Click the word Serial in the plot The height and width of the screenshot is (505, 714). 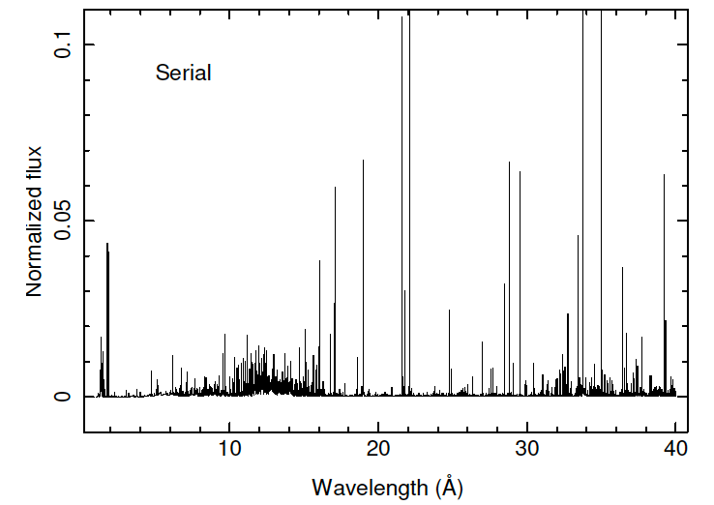tap(183, 73)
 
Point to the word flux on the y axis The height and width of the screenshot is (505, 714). tap(35, 163)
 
